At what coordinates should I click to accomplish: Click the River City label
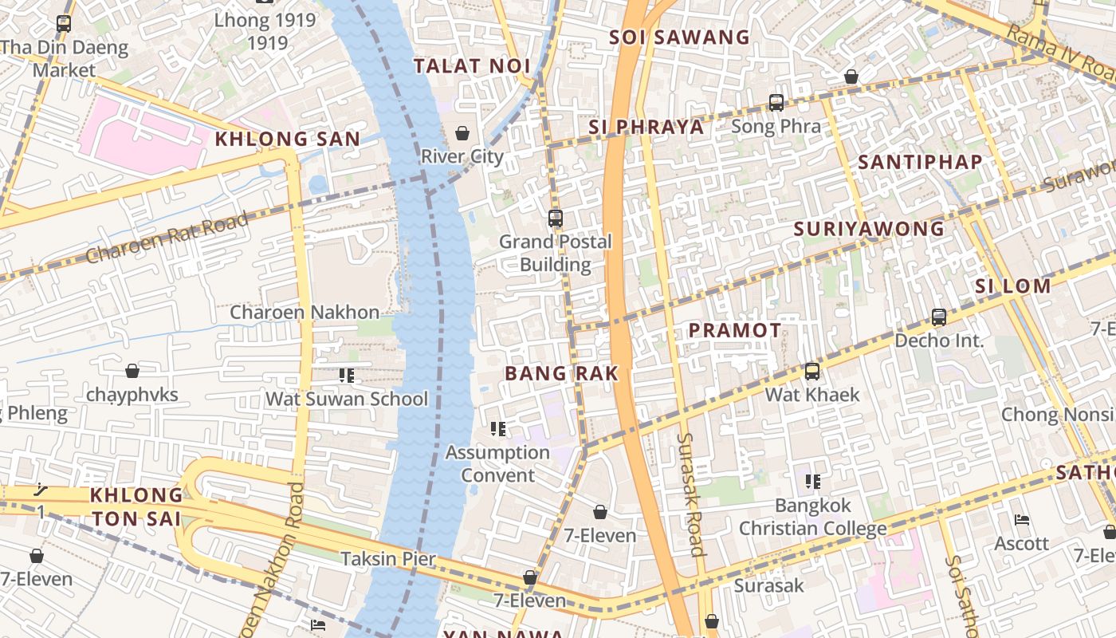pyautogui.click(x=462, y=156)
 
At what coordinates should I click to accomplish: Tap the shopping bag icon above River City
pyautogui.click(x=462, y=132)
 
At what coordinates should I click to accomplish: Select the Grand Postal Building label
pyautogui.click(x=556, y=253)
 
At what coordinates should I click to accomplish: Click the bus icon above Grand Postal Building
pyautogui.click(x=556, y=218)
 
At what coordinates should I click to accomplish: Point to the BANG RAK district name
pyautogui.click(x=561, y=373)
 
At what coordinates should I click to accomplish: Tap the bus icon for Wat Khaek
pyautogui.click(x=812, y=371)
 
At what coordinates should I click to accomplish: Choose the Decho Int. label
pyautogui.click(x=939, y=341)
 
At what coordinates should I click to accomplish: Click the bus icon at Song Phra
pyautogui.click(x=776, y=103)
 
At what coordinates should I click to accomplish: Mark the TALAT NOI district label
pyautogui.click(x=472, y=66)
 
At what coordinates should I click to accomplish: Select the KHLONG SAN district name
pyautogui.click(x=288, y=139)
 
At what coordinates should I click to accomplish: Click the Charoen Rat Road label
pyautogui.click(x=167, y=238)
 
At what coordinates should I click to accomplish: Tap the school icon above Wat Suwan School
pyautogui.click(x=346, y=375)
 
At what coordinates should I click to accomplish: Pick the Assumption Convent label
pyautogui.click(x=498, y=463)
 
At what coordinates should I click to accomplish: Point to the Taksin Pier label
pyautogui.click(x=388, y=559)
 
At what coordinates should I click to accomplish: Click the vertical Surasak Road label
pyautogui.click(x=690, y=494)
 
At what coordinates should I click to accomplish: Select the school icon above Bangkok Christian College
pyautogui.click(x=812, y=481)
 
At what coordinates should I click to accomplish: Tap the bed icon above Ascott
pyautogui.click(x=1022, y=520)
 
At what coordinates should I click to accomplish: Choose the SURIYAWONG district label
pyautogui.click(x=869, y=230)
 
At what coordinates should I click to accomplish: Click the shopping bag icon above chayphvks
pyautogui.click(x=132, y=371)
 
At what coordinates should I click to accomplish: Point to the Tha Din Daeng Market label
pyautogui.click(x=65, y=58)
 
